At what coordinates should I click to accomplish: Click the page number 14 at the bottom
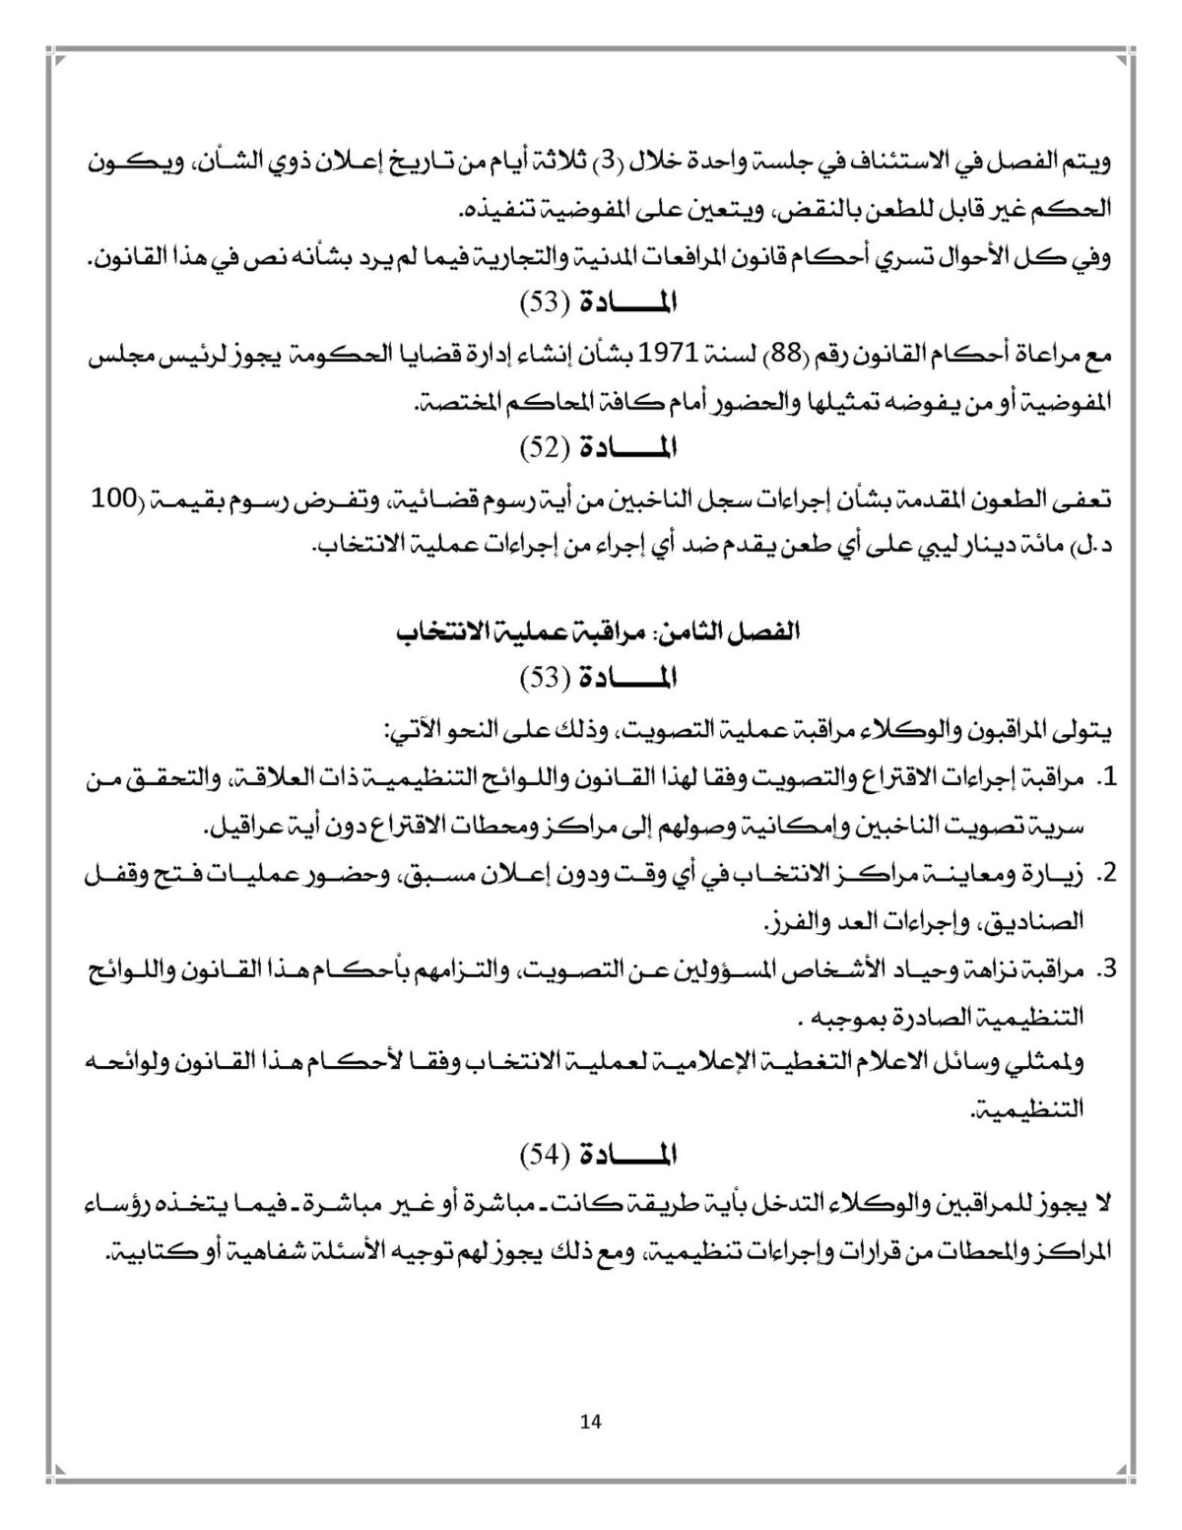[x=591, y=1421]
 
